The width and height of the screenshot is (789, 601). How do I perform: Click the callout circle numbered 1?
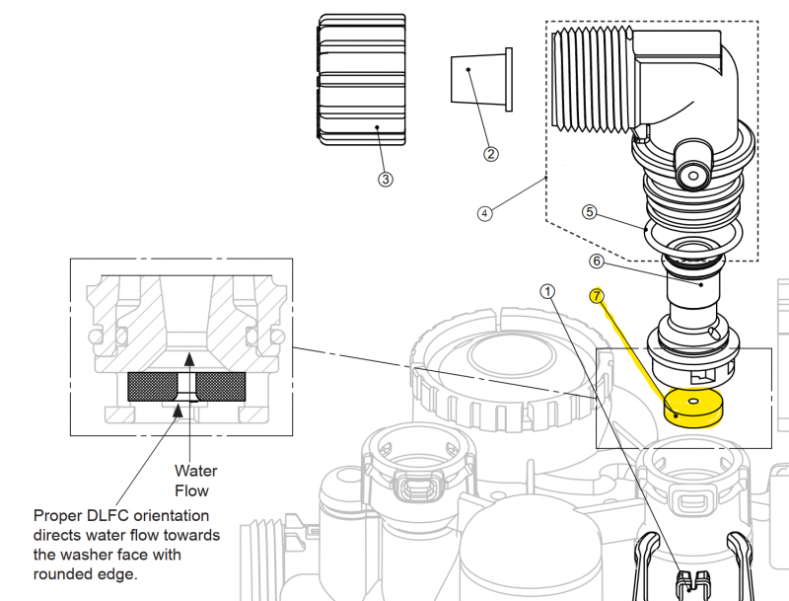coord(548,291)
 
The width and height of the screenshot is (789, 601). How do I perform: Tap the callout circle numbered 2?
coord(491,153)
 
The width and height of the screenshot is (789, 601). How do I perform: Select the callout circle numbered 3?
coord(385,179)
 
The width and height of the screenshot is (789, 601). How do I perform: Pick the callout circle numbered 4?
coord(485,213)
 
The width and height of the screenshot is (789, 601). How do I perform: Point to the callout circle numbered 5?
coord(589,211)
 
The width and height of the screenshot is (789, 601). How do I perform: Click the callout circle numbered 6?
coord(596,262)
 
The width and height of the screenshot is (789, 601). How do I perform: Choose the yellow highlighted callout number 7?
coord(596,295)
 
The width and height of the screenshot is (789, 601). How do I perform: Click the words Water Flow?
coord(196,480)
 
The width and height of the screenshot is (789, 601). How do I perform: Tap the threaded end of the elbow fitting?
coord(591,79)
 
